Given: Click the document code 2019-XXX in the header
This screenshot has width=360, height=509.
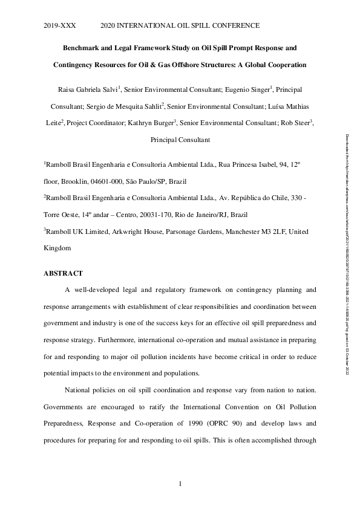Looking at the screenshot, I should pyautogui.click(x=58, y=25).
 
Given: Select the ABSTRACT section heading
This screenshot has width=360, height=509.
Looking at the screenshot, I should pyautogui.click(x=63, y=273).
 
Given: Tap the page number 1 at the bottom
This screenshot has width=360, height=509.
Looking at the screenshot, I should pyautogui.click(x=180, y=484).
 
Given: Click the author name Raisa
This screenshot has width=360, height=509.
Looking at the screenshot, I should pyautogui.click(x=88, y=90).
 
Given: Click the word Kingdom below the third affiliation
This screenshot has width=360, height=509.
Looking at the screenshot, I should pyautogui.click(x=57, y=248).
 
